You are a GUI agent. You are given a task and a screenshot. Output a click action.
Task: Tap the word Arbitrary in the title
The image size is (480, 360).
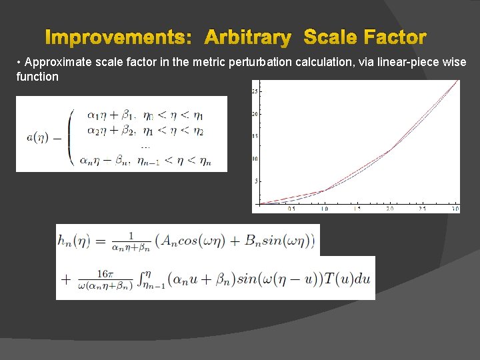pos(247,37)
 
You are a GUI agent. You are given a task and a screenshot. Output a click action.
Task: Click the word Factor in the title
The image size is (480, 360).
pos(394,37)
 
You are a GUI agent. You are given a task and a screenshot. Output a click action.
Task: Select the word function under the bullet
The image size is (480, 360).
pos(37,77)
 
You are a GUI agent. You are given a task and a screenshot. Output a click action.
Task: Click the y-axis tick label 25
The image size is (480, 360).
pos(255,91)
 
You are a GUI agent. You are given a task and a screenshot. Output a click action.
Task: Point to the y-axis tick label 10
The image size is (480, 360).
pos(255,159)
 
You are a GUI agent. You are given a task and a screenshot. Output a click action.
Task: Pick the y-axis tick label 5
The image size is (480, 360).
pos(256,181)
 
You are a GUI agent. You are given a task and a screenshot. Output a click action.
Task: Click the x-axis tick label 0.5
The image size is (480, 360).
pos(291,209)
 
